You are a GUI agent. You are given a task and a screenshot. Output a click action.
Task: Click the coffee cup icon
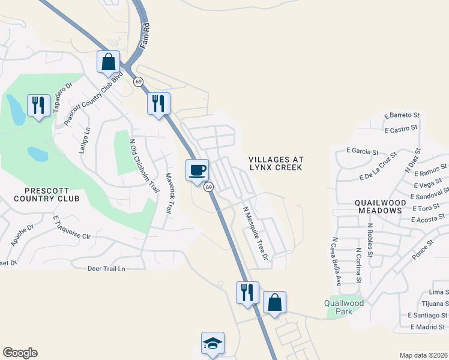tap(197, 170)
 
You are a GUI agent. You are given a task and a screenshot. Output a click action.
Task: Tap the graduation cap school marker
tap(212, 343)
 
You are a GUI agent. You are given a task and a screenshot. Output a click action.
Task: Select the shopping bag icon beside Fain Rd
tap(109, 62)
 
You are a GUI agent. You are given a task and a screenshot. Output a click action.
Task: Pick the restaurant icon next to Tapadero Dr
tap(38, 106)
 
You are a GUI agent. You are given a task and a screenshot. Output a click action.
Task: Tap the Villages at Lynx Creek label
tap(276, 163)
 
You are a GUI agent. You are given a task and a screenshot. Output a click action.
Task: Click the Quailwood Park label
tap(344, 307)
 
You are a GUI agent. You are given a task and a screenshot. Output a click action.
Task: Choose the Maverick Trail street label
tap(169, 193)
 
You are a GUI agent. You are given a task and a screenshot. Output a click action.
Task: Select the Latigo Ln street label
tap(85, 140)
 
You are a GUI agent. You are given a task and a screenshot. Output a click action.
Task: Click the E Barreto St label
tap(402, 115)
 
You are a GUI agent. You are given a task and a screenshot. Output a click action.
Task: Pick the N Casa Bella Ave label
tap(336, 260)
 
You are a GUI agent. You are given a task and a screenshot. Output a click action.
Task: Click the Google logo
tap(20, 353)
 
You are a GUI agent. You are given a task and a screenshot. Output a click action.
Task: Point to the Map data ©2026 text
tap(423, 355)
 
